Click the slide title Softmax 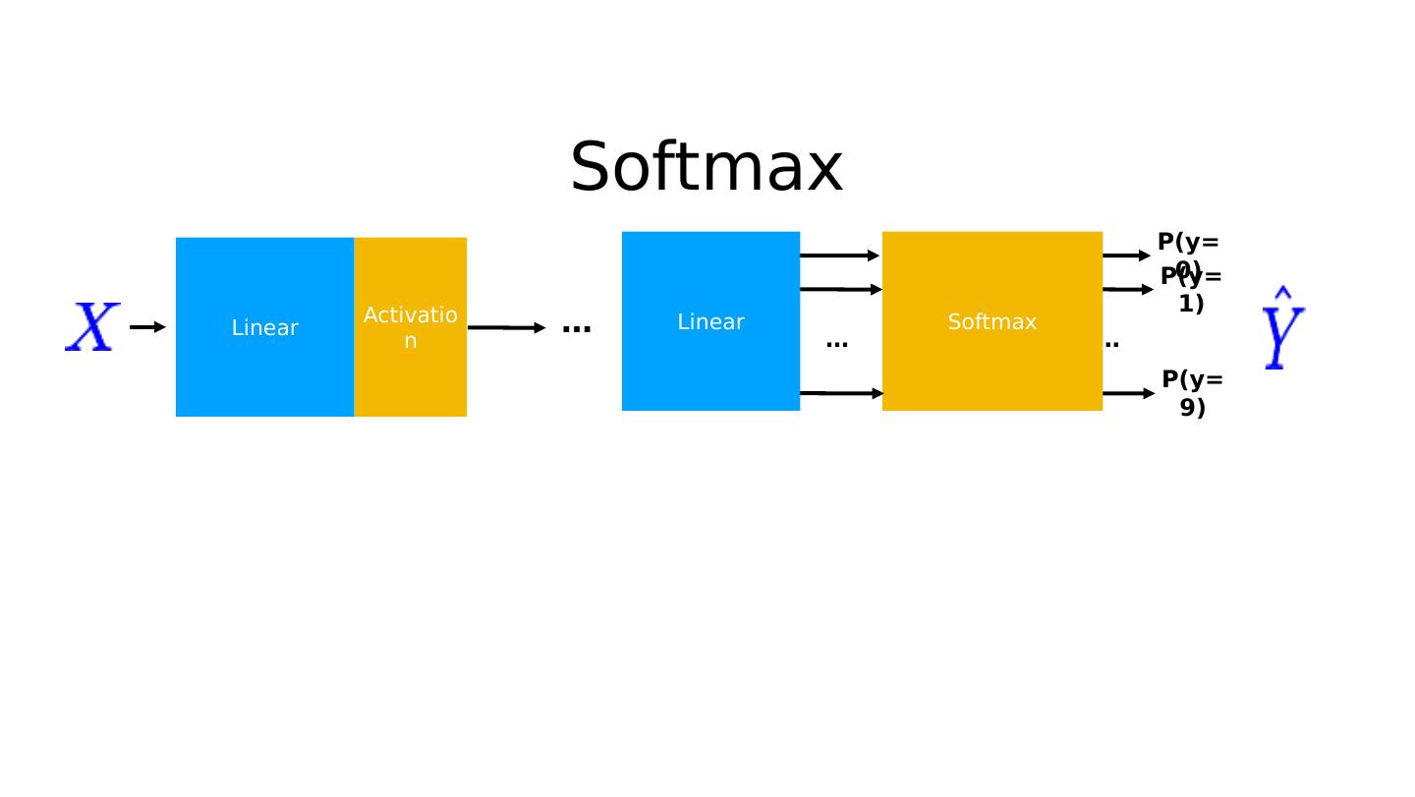point(706,167)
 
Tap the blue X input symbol point(92,327)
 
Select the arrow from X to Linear point(147,327)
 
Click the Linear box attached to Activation point(264,327)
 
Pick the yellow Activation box point(410,327)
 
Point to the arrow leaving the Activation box point(505,327)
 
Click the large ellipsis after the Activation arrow point(576,328)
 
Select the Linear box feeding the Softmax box point(710,321)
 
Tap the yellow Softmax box point(991,321)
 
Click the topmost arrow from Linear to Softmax point(839,256)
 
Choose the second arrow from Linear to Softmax point(840,289)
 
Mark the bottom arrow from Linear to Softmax point(841,393)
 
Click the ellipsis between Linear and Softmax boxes point(836,344)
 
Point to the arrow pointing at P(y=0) point(1126,256)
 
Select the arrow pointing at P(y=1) point(1127,289)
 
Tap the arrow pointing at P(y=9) point(1128,393)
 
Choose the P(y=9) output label point(1192,393)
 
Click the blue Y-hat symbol point(1282,328)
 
